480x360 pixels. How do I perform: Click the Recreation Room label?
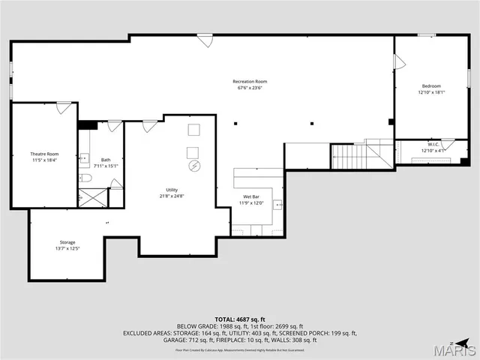[250, 81]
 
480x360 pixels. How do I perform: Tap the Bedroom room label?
[430, 85]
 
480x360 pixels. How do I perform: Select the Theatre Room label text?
[44, 154]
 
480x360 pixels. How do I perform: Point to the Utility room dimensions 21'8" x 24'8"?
[172, 196]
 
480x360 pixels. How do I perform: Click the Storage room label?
[67, 242]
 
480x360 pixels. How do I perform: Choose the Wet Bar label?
[250, 196]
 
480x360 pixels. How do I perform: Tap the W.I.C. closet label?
[433, 144]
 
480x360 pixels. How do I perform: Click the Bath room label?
[106, 159]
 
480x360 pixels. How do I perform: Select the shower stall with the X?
[93, 197]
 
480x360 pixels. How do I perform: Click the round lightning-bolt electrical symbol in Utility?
[194, 166]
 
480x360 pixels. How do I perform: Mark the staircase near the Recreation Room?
[348, 157]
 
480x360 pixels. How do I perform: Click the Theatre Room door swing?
[64, 109]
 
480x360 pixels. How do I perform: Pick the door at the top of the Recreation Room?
[205, 40]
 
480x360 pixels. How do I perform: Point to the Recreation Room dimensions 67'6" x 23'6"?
[250, 88]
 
